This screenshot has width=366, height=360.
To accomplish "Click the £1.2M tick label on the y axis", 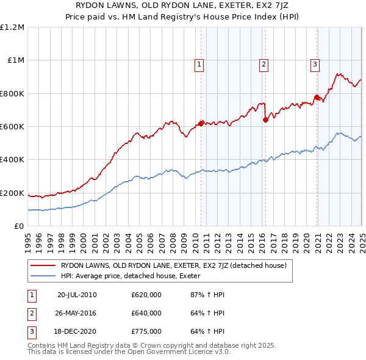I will [12, 27].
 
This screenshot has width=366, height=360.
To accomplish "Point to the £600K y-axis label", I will [12, 127].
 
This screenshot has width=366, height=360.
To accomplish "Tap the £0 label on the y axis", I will [20, 226].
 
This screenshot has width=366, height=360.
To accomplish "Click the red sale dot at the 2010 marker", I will [201, 123].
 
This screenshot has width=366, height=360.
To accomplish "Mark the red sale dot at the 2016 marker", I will [265, 120].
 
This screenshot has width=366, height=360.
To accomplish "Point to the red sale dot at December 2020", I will [317, 98].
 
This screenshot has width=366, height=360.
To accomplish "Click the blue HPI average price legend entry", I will [135, 276].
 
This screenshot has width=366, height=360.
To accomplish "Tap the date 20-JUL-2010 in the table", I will [77, 295].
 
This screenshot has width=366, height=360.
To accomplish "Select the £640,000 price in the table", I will [146, 313].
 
